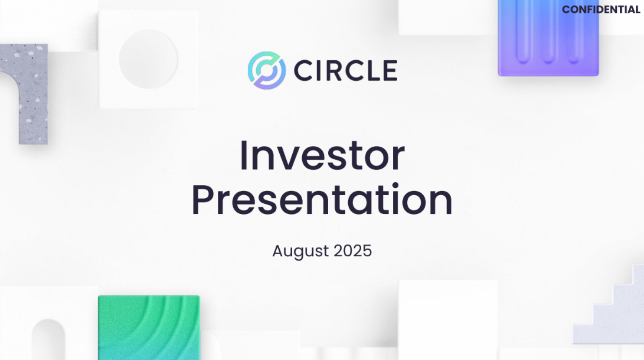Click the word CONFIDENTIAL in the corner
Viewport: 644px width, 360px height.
601,10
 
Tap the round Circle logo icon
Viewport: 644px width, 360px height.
267,70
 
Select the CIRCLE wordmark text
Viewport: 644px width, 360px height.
346,70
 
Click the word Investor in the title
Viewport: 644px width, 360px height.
322,156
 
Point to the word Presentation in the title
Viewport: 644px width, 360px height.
322,199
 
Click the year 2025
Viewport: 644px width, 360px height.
353,250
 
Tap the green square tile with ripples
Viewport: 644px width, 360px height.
149,327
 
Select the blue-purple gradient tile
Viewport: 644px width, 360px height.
548,38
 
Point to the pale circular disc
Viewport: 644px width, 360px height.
148,59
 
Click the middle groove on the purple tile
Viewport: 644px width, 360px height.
548,32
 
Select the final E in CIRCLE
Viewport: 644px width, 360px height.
390,70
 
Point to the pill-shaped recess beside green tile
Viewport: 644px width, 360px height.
48,340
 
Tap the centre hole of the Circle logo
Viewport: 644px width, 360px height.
267,70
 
